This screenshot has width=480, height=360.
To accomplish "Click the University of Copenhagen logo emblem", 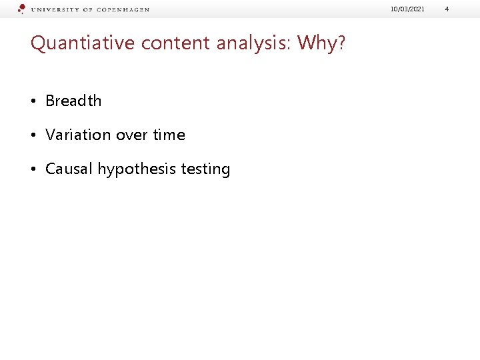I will click(x=21, y=9).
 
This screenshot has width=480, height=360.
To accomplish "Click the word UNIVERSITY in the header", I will click(x=56, y=10).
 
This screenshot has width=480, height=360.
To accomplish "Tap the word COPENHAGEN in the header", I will click(x=123, y=10).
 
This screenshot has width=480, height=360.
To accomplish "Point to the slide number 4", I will click(x=447, y=9).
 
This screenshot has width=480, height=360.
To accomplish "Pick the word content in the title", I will click(x=150, y=43).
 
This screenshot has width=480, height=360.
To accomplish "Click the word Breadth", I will click(x=73, y=101).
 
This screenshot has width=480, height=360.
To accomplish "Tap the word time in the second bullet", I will click(x=169, y=135).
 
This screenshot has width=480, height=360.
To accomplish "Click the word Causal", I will click(x=69, y=169).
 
